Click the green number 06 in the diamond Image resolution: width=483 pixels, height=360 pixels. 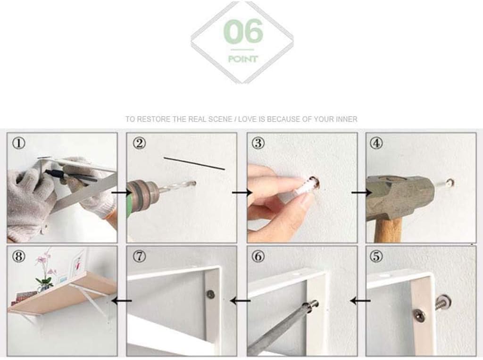[x=243, y=32]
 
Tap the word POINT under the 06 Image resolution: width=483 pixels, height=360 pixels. [x=243, y=59]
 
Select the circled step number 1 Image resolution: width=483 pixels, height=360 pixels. [x=18, y=143]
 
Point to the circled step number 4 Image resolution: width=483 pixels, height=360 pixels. [x=376, y=143]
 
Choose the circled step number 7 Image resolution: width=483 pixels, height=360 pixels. [x=139, y=257]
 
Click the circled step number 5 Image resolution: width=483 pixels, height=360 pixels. [x=376, y=257]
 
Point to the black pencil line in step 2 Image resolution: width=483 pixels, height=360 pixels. [x=194, y=163]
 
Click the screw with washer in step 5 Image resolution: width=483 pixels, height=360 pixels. [x=443, y=303]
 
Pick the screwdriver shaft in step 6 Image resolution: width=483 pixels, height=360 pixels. [x=277, y=330]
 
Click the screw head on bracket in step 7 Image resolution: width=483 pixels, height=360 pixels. [x=210, y=294]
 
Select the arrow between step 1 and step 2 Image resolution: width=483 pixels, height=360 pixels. [x=122, y=193]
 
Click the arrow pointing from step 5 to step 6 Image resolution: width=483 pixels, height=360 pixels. [x=360, y=301]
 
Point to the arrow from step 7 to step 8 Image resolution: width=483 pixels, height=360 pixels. [x=122, y=301]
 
